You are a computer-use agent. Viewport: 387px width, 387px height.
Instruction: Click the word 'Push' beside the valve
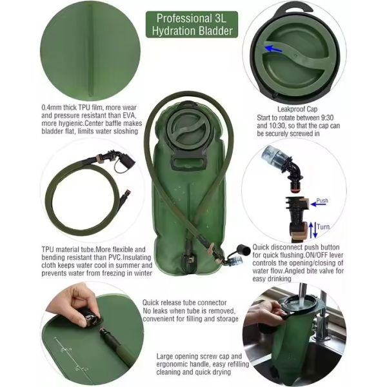[x=322, y=201]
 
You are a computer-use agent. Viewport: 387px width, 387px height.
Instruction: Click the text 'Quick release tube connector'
[x=184, y=302]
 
